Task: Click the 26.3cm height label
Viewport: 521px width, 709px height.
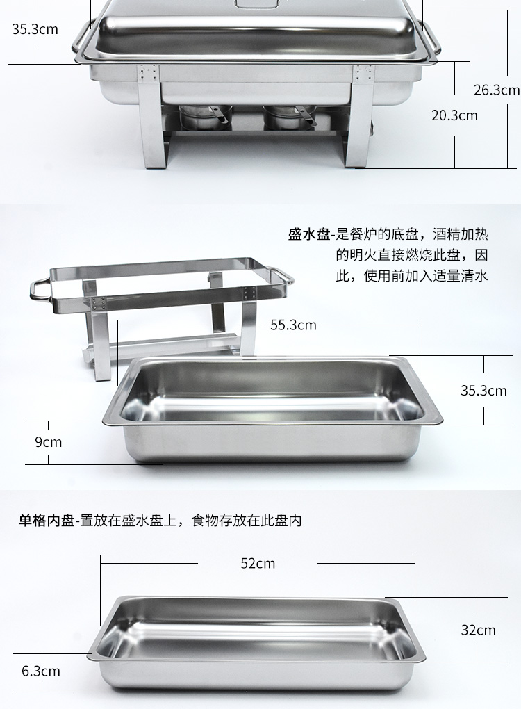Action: tap(497, 90)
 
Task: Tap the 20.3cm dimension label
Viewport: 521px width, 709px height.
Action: tap(454, 115)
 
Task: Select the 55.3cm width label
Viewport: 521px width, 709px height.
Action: tap(293, 325)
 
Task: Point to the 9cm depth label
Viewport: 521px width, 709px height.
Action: tap(49, 442)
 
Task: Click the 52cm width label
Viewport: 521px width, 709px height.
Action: tap(258, 563)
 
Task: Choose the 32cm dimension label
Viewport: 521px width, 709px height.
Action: tap(478, 630)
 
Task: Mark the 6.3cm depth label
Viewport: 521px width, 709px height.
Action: tap(41, 671)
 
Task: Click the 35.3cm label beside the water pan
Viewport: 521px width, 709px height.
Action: tap(483, 390)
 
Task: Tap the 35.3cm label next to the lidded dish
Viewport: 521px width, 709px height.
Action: tap(35, 29)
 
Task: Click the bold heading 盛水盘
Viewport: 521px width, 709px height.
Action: tap(309, 234)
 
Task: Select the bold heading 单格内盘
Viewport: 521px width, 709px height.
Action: tap(46, 521)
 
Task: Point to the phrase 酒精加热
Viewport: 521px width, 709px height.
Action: tap(461, 234)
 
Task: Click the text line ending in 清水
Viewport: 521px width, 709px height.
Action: tap(412, 275)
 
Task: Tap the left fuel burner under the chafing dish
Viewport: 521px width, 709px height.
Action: tap(204, 117)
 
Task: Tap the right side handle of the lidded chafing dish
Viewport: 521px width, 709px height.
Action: tap(431, 44)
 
